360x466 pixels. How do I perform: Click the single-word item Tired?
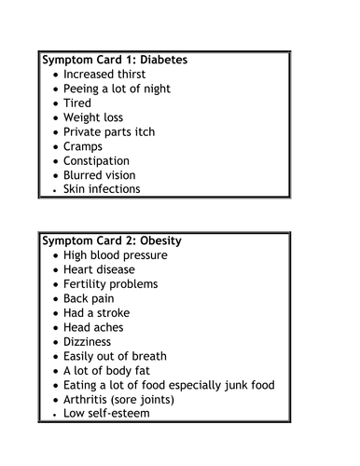[x=76, y=103]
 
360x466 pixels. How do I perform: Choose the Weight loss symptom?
[x=93, y=117]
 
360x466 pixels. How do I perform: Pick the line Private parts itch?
[x=108, y=132]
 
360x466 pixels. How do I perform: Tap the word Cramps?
[x=83, y=146]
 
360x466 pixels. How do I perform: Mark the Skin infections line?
[x=102, y=189]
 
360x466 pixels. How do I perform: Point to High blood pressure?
[x=115, y=255]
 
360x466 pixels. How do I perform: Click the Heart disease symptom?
[x=101, y=269]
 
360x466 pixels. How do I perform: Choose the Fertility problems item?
[x=110, y=284]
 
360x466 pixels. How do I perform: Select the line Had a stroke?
[x=96, y=313]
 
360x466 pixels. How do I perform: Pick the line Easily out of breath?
[x=115, y=356]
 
